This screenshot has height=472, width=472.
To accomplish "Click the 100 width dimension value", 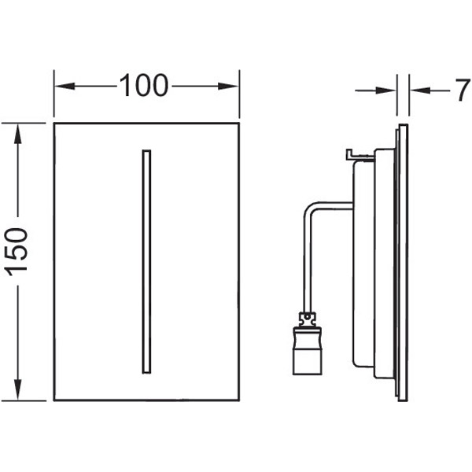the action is click(x=144, y=86).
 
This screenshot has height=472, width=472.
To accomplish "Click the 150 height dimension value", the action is click(x=17, y=252).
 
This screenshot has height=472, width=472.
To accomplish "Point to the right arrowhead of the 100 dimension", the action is click(x=228, y=87).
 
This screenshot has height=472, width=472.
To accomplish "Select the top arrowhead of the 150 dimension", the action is click(x=18, y=134).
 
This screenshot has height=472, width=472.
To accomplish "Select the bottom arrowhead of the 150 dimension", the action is click(x=18, y=389).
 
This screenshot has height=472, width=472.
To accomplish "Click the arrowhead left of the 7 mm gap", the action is click(x=385, y=90).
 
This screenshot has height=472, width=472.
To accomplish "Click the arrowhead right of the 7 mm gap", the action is click(x=420, y=90).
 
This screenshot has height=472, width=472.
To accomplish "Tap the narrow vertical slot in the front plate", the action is click(x=146, y=262).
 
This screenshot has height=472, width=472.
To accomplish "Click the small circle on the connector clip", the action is click(x=307, y=317).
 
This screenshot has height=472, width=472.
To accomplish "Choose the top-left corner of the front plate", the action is click(x=54, y=124).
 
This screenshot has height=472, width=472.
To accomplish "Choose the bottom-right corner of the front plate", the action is click(x=239, y=400).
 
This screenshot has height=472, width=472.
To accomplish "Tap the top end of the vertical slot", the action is click(x=146, y=150).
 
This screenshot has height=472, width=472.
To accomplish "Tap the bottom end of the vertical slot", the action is click(x=146, y=373).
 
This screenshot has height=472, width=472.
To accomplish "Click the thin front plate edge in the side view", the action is click(x=404, y=263).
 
